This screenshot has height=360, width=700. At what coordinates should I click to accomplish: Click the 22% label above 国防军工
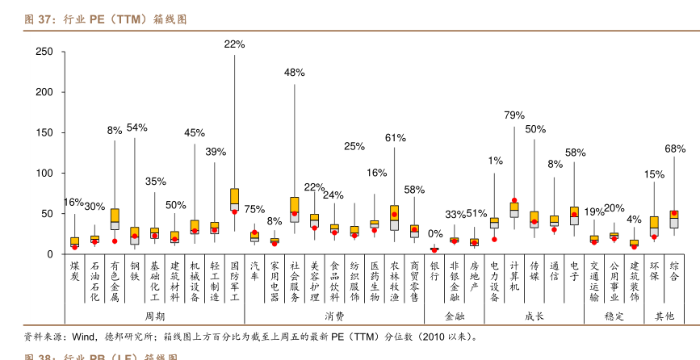pos(234,44)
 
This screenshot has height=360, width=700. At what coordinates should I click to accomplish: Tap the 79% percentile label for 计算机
pos(514,115)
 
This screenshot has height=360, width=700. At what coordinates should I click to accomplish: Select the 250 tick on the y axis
pos(45,52)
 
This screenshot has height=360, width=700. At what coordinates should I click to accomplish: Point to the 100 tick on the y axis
pos(45,174)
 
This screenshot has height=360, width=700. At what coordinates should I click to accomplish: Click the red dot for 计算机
pos(514,200)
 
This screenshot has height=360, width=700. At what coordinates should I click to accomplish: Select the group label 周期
pos(154,316)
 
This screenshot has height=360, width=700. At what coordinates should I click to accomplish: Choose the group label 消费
pos(334,316)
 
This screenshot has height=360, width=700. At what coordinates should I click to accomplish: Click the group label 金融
pos(455,316)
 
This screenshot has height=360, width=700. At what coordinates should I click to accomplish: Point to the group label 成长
pos(534,316)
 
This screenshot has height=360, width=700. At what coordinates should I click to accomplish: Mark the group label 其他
pos(664,316)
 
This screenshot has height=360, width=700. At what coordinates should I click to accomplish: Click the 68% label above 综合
pos(675,149)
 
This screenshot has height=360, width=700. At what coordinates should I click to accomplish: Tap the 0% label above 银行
pos(435,234)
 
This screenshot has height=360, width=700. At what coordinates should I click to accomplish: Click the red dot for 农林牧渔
pos(394,215)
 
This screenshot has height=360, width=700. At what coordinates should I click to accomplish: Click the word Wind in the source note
pos(84,337)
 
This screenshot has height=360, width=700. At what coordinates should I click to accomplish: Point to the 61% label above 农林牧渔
pos(395,138)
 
